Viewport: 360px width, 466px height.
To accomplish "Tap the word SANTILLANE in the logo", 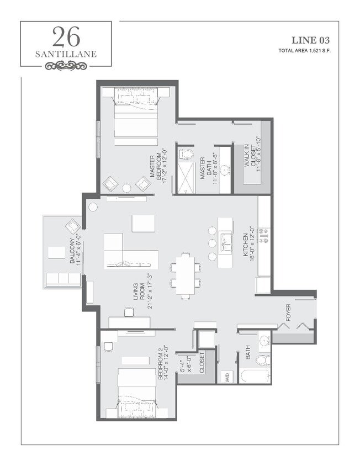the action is (x=66, y=54).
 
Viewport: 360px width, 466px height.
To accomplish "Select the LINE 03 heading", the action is (x=311, y=40).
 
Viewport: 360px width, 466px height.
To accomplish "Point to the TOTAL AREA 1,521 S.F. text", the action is (x=304, y=51).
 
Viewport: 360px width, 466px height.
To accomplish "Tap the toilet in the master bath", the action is (x=186, y=154).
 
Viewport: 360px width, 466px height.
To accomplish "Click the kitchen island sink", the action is (x=226, y=242).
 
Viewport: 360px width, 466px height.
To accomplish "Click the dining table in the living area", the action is (x=185, y=275).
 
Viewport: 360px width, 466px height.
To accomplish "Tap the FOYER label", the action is (x=288, y=312).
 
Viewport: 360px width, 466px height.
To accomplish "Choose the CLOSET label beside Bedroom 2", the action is (x=202, y=363).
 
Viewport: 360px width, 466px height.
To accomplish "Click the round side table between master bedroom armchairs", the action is (x=126, y=188).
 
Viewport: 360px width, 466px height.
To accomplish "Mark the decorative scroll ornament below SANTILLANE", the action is (x=66, y=66).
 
